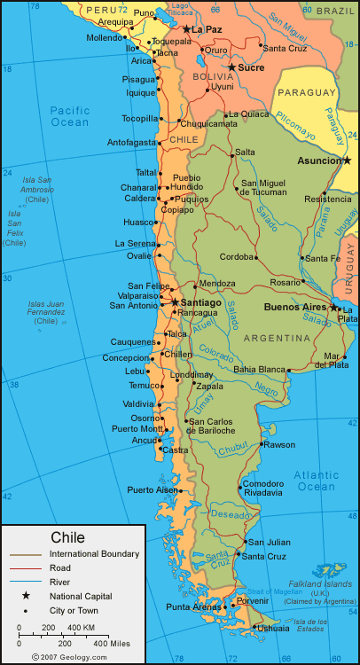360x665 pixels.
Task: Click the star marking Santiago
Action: [175, 302]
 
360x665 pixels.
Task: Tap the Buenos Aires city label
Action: [296, 307]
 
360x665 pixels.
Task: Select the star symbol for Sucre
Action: [232, 67]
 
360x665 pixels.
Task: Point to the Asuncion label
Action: [318, 161]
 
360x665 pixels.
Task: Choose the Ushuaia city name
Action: [272, 628]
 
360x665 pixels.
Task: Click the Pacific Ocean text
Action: [70, 116]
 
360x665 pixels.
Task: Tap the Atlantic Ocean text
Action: [317, 481]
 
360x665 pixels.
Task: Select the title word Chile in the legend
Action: [68, 537]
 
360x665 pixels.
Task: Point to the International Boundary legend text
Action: [94, 554]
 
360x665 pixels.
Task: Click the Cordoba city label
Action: [237, 257]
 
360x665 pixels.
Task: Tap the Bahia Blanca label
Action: [260, 369]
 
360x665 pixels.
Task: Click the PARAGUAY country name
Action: [307, 92]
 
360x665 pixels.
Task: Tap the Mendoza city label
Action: [217, 284]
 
